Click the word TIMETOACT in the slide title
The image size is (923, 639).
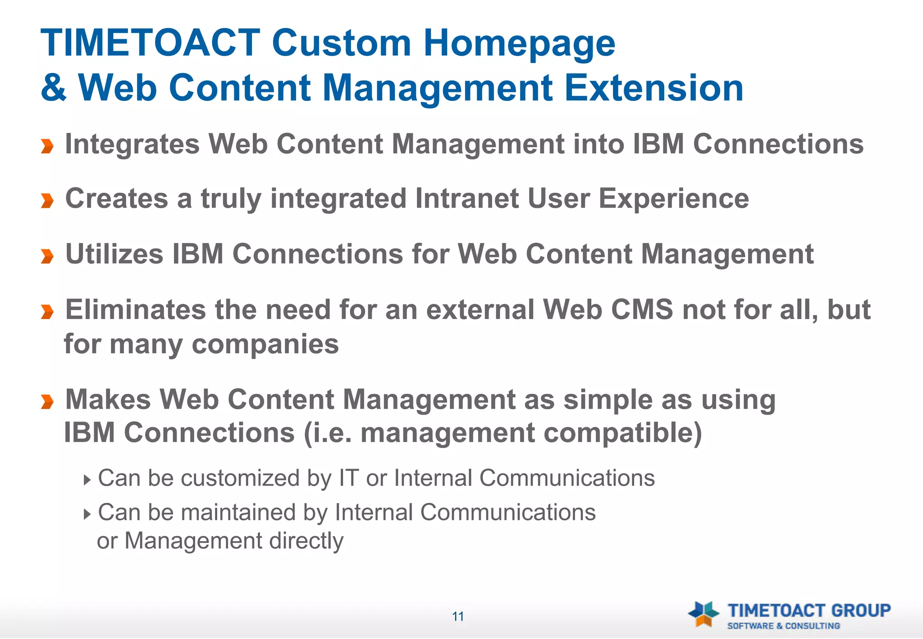pos(150,43)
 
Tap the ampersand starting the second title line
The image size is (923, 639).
pos(54,88)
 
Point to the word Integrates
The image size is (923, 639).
pos(132,145)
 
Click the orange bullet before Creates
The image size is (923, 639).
pos(47,201)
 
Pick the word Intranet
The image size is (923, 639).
pos(466,199)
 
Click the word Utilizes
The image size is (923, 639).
pos(114,254)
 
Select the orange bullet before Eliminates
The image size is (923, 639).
pos(47,311)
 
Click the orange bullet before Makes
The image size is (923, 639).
pos(47,401)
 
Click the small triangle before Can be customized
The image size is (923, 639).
pos(87,479)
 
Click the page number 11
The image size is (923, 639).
pos(458,616)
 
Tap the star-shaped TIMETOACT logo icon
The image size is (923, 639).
pos(703,614)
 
